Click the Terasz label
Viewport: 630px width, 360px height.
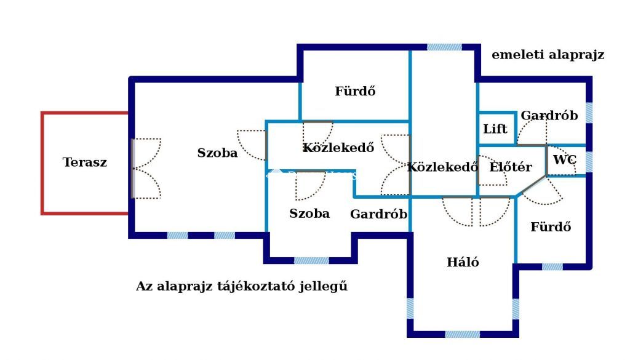[x=85, y=162]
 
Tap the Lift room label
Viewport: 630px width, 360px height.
[x=495, y=129]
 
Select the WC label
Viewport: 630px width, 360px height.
[x=565, y=160]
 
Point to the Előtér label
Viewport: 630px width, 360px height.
[x=510, y=167]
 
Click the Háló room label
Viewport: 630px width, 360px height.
[x=463, y=262]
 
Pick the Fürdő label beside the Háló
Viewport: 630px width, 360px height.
[x=551, y=226]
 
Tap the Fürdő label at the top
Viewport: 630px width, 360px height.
[x=355, y=91]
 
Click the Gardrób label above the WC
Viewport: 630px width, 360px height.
[x=549, y=115]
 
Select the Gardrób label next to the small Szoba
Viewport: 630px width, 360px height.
[x=378, y=214]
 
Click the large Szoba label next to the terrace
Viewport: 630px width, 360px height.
[x=217, y=153]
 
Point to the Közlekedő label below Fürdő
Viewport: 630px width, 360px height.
[x=338, y=148]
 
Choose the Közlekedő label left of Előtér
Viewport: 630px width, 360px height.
[x=442, y=167]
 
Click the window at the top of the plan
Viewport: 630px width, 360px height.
[x=444, y=47]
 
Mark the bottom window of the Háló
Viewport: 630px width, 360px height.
[x=463, y=334]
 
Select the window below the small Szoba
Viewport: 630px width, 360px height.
[x=311, y=261]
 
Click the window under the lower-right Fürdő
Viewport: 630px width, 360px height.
[x=552, y=267]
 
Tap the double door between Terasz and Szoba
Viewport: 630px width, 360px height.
[x=146, y=169]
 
